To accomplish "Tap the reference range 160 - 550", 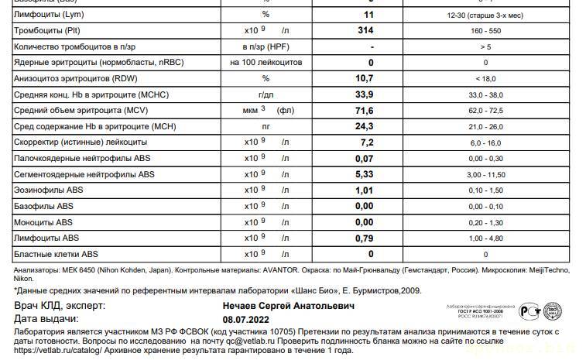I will (x=485, y=31).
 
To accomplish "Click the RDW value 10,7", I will (x=364, y=78).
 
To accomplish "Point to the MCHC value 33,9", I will (x=364, y=94).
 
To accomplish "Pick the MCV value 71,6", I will (x=364, y=111).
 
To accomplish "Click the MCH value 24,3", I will (x=364, y=126).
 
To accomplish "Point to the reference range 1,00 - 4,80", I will (x=485, y=238).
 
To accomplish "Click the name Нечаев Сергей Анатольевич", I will (x=289, y=307).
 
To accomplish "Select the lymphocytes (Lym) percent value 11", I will (x=368, y=15).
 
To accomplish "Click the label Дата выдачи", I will (x=46, y=318).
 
